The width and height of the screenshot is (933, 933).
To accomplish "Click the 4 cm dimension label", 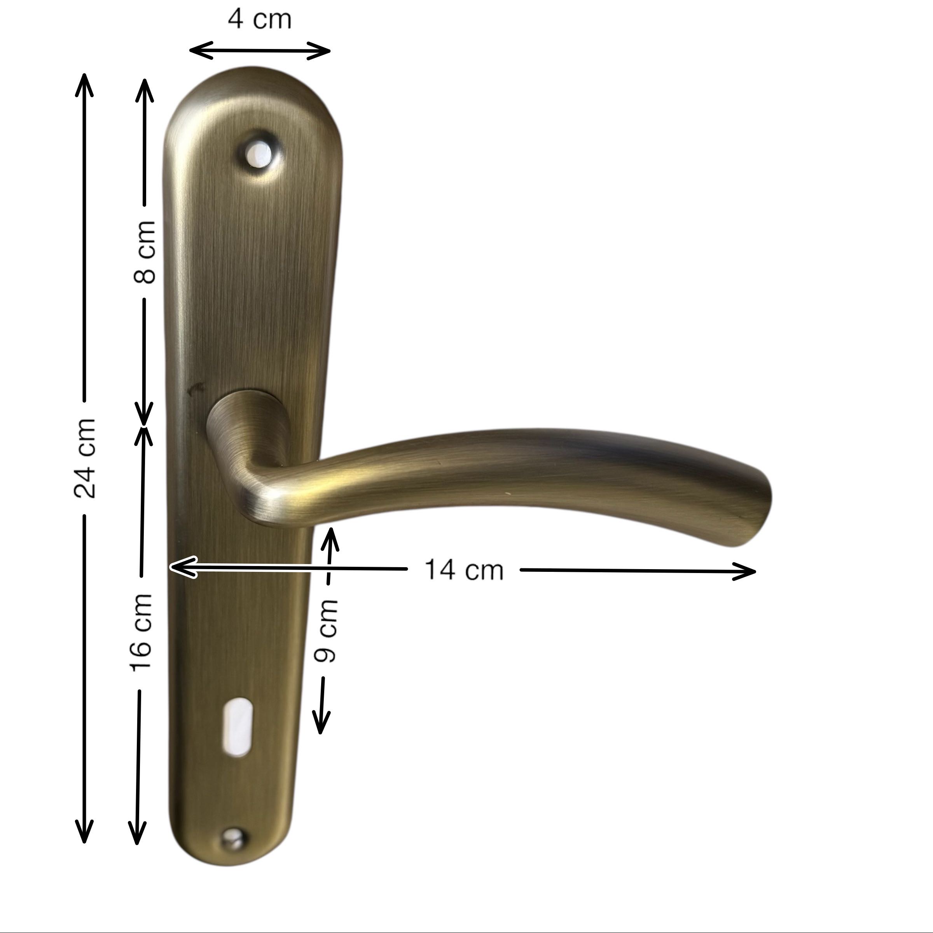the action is pyautogui.click(x=260, y=19).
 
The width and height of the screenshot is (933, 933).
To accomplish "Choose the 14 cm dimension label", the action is pyautogui.click(x=464, y=570).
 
